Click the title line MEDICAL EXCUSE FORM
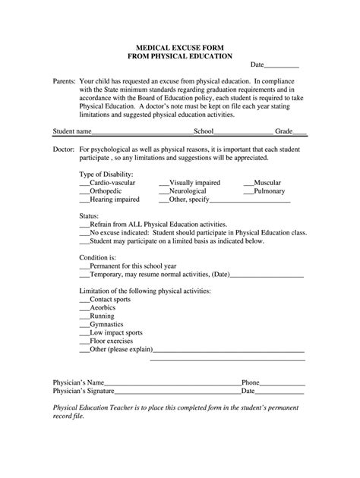tap(179, 46)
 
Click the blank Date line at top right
tap(283, 66)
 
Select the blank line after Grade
tap(300, 131)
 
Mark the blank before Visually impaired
tap(163, 183)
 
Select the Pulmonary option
tap(269, 192)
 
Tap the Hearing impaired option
tap(114, 200)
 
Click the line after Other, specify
tap(250, 201)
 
